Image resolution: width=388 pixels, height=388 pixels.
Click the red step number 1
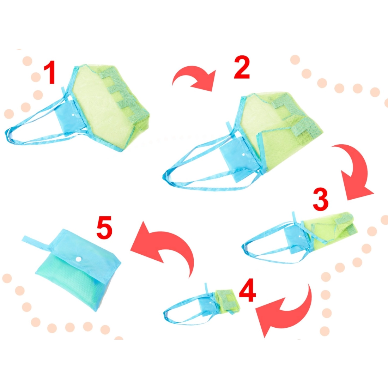[50, 73]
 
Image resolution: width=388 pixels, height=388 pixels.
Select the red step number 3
[320, 199]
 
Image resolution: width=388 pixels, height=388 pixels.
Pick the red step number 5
[104, 228]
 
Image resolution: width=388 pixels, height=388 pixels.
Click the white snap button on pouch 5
[78, 259]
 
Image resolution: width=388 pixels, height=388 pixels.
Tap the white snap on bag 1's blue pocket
[73, 115]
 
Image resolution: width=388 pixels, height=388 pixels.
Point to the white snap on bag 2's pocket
[243, 154]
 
